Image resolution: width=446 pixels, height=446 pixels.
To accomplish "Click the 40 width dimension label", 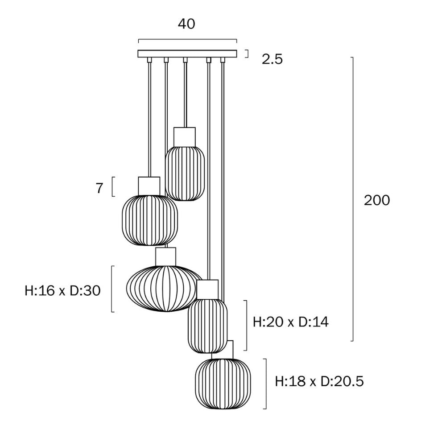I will (186, 24).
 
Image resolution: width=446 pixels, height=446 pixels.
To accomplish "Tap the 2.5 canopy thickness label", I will (272, 59).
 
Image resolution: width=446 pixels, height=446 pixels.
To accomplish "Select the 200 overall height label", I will (377, 200).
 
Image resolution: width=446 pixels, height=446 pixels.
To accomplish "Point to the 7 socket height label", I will (99, 188).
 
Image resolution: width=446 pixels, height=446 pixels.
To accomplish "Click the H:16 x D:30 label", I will (62, 291).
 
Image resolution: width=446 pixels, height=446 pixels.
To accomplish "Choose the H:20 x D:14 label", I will (290, 322).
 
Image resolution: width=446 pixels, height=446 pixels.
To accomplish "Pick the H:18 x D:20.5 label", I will (319, 381).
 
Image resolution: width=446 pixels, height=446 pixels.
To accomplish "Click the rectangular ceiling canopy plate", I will (187, 54).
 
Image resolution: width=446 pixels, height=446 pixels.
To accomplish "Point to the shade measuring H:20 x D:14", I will (207, 326).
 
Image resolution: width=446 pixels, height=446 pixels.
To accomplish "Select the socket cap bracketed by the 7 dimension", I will (149, 186).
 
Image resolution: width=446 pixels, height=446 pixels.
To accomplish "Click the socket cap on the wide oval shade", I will (165, 256).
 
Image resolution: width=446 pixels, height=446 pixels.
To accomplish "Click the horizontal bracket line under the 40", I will (187, 40).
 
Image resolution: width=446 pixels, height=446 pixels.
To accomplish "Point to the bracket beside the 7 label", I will (113, 187).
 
